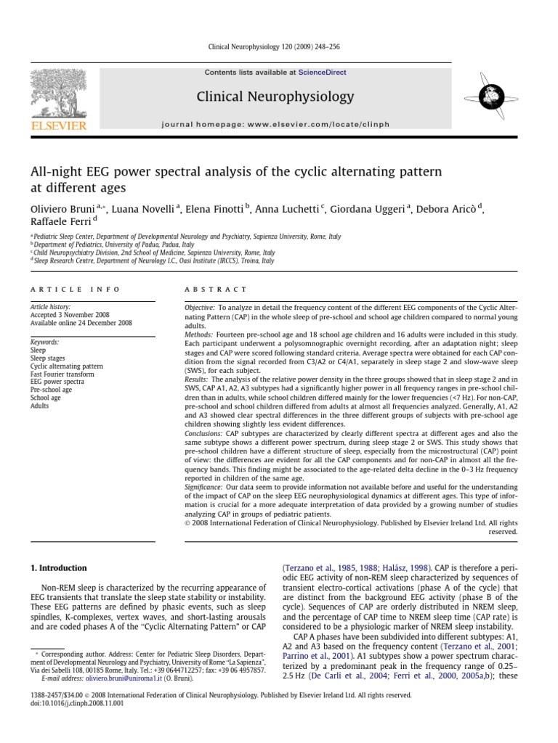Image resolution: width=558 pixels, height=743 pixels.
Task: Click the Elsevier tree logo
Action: click(x=58, y=94)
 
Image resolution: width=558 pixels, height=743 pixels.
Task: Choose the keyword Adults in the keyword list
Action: click(x=40, y=406)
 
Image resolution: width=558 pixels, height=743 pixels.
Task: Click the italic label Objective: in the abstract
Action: click(x=201, y=308)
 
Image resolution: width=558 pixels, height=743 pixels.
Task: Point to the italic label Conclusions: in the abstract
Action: click(x=206, y=433)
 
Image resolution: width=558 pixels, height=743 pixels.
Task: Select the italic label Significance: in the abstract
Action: click(x=206, y=488)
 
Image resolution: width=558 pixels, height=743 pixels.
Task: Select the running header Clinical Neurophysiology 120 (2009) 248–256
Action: click(x=279, y=47)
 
